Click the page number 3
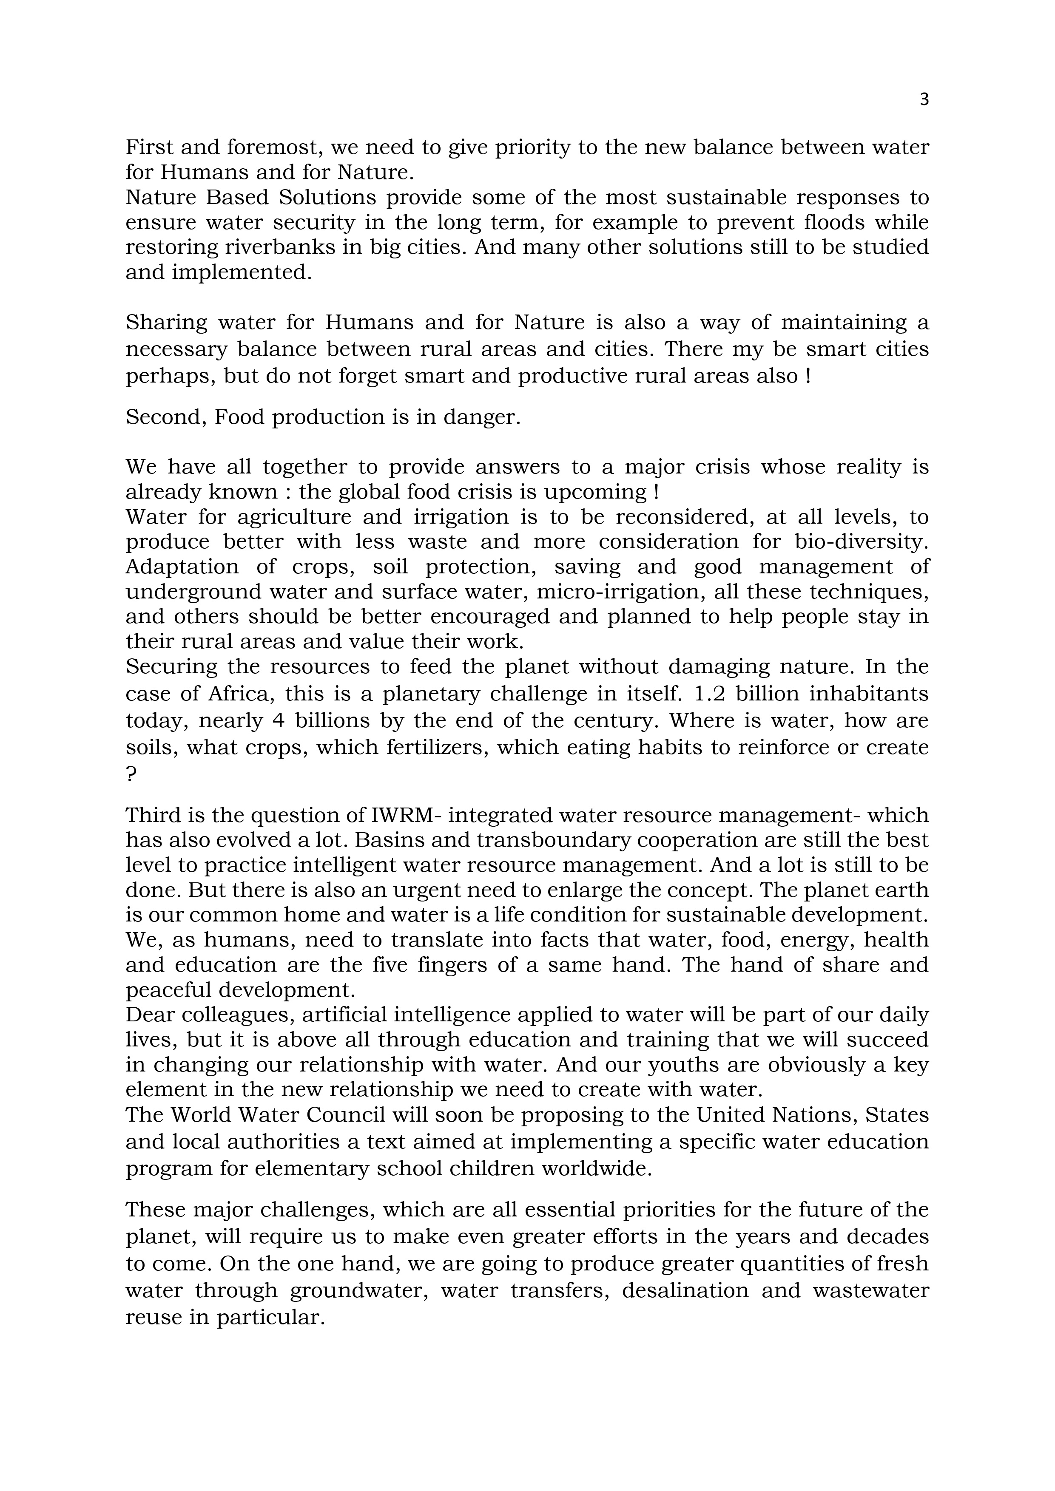coord(924,99)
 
